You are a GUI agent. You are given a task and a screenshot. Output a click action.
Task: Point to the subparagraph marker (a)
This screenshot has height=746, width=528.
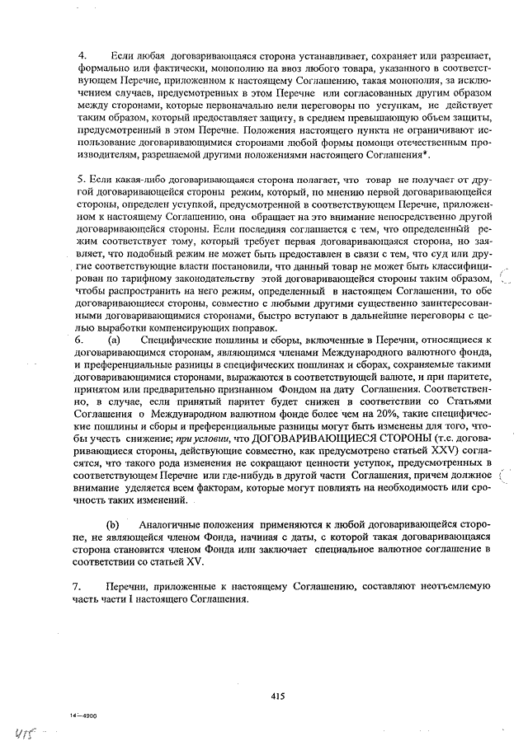point(113,339)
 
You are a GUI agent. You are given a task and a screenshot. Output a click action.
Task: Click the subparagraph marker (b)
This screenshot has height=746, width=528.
point(114,524)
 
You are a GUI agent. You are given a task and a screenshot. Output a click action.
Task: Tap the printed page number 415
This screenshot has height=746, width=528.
point(276,696)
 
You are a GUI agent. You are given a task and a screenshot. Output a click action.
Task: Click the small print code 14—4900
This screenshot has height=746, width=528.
point(84,716)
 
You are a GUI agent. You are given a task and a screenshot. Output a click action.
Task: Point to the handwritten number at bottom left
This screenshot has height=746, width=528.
point(18,730)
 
